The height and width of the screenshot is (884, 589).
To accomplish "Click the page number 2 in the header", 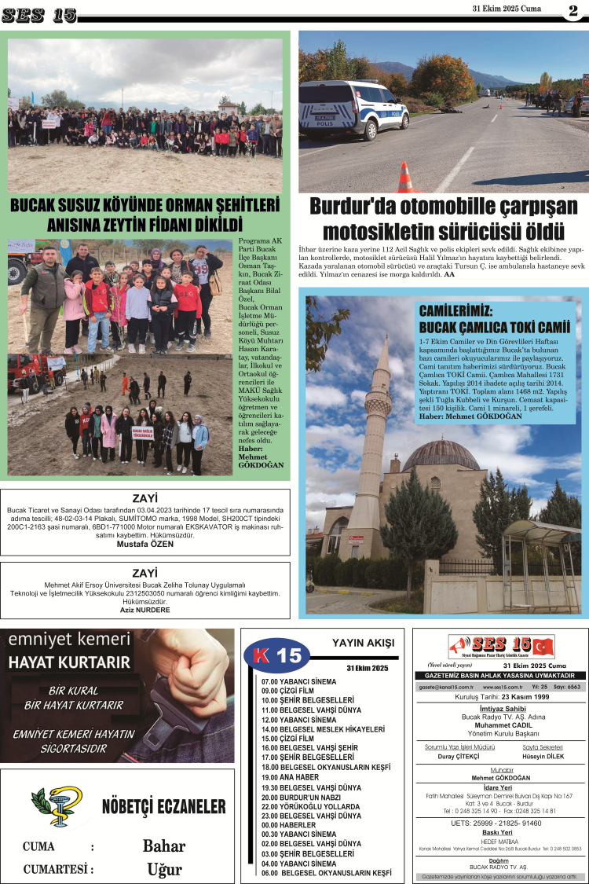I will coord(573,10).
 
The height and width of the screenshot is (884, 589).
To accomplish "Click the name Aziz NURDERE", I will coord(145,610).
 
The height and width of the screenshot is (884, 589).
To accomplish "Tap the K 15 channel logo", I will coord(273,655).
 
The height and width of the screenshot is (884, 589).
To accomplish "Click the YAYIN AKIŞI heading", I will coord(363,643).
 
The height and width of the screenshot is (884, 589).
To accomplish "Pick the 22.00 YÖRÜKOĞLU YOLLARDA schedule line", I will coord(311,806).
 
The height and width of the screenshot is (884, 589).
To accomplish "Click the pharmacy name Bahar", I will coord(164,846).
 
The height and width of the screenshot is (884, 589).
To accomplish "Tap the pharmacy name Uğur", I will coord(164,869).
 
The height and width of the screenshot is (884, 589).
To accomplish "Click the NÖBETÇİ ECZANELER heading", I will coord(163,806).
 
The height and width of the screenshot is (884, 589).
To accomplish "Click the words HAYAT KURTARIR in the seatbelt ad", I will coord(69,662).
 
